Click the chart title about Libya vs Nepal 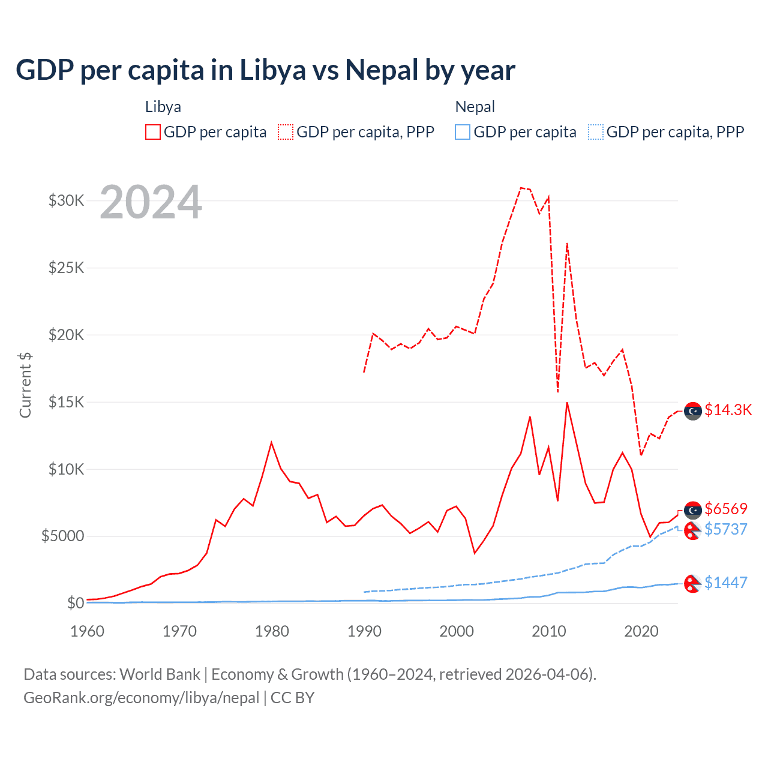[265, 70]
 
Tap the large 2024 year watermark [151, 202]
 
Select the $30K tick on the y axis [66, 200]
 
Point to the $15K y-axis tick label [66, 402]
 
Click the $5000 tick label [62, 536]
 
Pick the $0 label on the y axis [75, 603]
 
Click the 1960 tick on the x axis [88, 631]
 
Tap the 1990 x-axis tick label [364, 631]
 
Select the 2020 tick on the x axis [641, 631]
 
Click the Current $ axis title [25, 385]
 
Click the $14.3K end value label [728, 410]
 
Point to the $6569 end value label [726, 509]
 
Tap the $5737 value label [726, 529]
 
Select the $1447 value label [726, 583]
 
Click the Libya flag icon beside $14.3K [693, 410]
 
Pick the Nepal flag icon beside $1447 [693, 583]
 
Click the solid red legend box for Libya [153, 132]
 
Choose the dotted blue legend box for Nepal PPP [596, 132]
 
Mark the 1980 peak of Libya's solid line [271, 443]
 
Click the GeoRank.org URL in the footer [142, 698]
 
